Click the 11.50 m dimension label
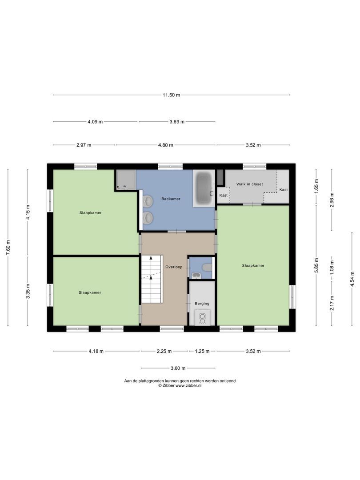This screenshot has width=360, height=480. coord(171,95)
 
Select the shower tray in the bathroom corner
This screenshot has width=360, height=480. coord(124,180)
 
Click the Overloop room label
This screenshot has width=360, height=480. coord(173,267)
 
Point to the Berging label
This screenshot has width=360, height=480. coord(202,304)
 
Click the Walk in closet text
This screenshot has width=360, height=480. coord(249,184)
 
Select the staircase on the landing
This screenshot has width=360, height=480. coord(151,279)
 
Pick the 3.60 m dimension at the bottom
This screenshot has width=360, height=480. coord(178,368)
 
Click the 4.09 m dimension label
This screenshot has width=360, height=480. coord(95,122)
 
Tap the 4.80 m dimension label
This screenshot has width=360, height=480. coord(165,145)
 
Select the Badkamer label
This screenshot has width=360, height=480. coord(171,199)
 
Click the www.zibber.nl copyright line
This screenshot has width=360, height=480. coord(180,386)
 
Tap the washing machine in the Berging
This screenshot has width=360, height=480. coord(202,317)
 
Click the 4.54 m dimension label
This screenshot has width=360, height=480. coord(352,280)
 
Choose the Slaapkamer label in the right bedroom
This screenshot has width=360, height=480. coord(253,265)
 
